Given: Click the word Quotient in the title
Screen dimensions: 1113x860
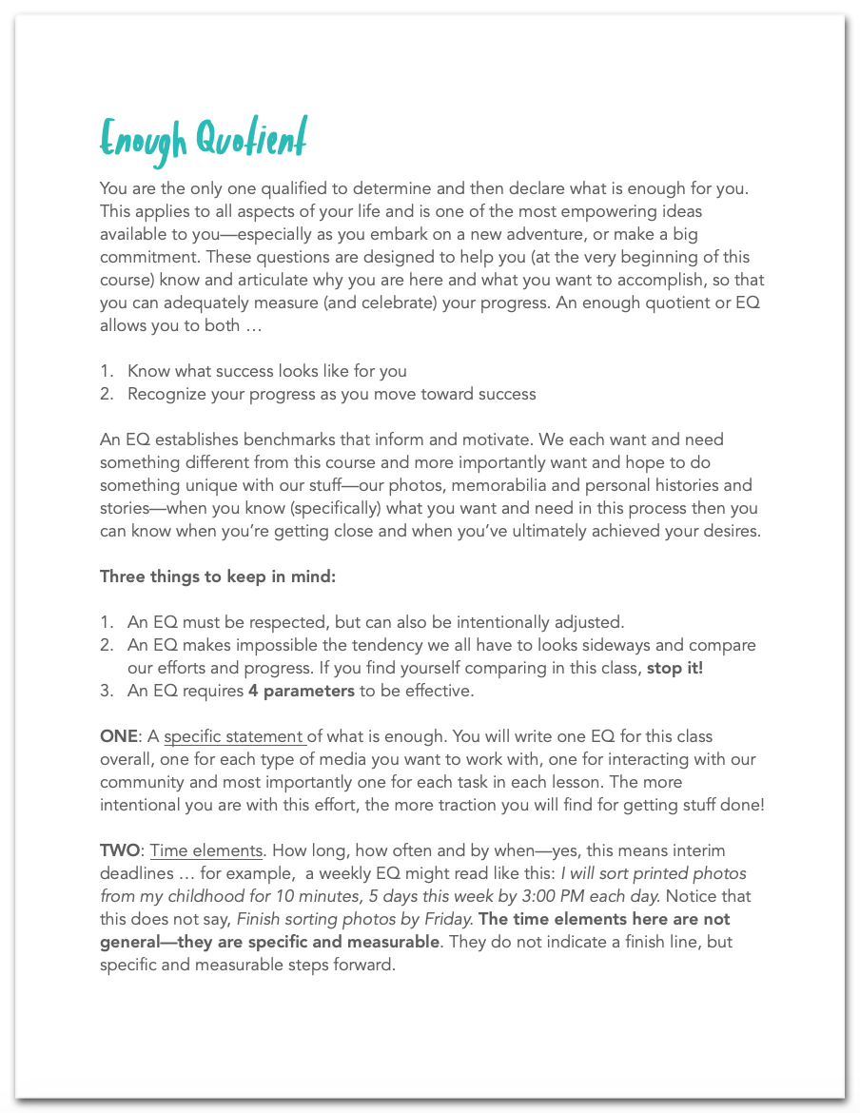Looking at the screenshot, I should click(252, 140).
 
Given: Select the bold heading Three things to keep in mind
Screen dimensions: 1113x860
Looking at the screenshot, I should click(218, 576).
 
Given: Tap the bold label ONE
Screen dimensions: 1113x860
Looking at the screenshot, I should click(118, 736).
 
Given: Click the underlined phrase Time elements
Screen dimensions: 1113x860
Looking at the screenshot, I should click(205, 850).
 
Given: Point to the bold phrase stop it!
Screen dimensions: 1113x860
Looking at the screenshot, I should click(674, 668).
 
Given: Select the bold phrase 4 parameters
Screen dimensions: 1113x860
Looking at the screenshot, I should click(301, 691).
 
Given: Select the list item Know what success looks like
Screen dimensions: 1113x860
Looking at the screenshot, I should click(267, 371).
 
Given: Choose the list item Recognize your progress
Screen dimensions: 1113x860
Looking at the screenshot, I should click(331, 394).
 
